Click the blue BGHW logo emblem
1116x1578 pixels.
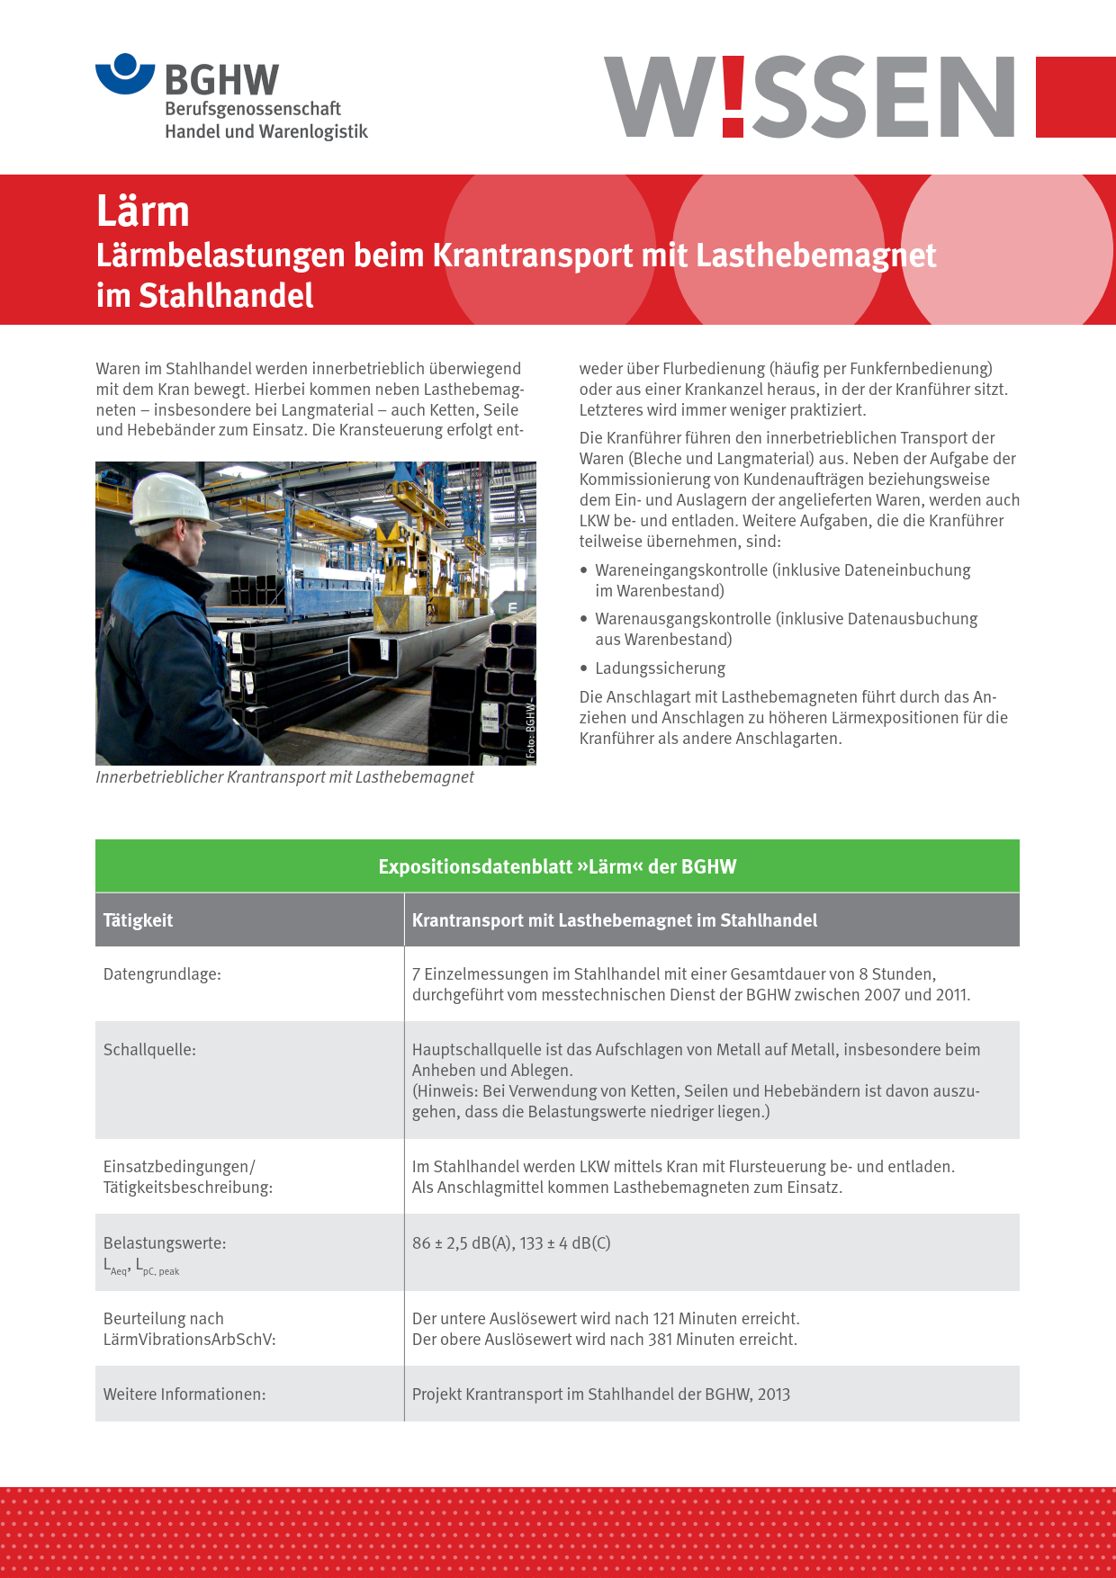pos(125,74)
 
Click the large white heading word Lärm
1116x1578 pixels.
pos(143,211)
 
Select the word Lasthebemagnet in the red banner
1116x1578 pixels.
pos(815,256)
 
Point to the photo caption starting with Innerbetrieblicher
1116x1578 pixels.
pos(284,777)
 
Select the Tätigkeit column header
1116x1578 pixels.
pos(138,920)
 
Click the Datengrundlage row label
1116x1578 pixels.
pos(162,974)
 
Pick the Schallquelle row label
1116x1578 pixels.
pos(149,1050)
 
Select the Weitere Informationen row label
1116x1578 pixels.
pos(184,1394)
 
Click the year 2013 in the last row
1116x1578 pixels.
pos(773,1394)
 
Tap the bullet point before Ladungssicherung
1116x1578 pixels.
pos(584,668)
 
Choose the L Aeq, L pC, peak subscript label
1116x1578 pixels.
pos(141,1268)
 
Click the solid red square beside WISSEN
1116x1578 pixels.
pos(1075,97)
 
